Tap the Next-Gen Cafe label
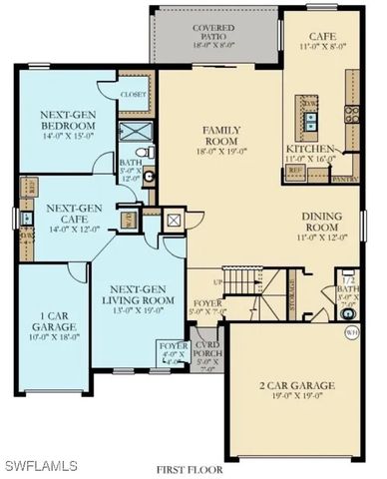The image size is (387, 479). point(71,213)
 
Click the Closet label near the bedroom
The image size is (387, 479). point(133,94)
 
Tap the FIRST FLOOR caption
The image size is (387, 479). point(190,467)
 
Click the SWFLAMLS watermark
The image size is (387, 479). point(40,465)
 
